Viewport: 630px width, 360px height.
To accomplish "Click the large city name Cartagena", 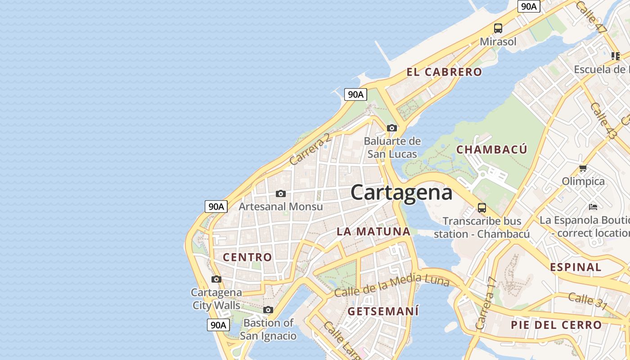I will pos(401,193).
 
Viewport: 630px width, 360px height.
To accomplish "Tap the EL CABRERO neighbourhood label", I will pos(444,72).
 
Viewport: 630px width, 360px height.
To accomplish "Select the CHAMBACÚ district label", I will pos(491,150).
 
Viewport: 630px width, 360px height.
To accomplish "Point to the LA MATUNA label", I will pos(373,232).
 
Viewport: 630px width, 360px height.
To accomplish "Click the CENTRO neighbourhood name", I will pos(247,257).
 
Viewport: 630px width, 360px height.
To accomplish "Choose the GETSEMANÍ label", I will pos(383,311).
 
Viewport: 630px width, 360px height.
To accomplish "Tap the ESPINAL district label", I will pos(576,267).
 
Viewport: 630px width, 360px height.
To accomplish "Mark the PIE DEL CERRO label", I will pos(556,325).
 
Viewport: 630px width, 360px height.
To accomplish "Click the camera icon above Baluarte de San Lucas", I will pos(392,128).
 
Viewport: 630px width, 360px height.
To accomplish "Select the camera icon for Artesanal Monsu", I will pos(281,194).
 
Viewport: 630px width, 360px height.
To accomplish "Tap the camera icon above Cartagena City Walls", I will pos(216,279).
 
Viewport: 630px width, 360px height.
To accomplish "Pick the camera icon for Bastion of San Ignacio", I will pos(268,310).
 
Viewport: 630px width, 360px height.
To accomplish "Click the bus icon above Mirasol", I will pos(498,28).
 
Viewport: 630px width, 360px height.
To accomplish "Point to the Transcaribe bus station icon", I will pos(482,208).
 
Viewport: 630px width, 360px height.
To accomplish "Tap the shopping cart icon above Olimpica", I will pos(583,168).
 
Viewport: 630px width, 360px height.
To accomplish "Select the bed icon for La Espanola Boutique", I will pos(593,207).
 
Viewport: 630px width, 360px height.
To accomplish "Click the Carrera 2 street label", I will pos(310,149).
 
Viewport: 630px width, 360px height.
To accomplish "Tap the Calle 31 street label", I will pos(588,301).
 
